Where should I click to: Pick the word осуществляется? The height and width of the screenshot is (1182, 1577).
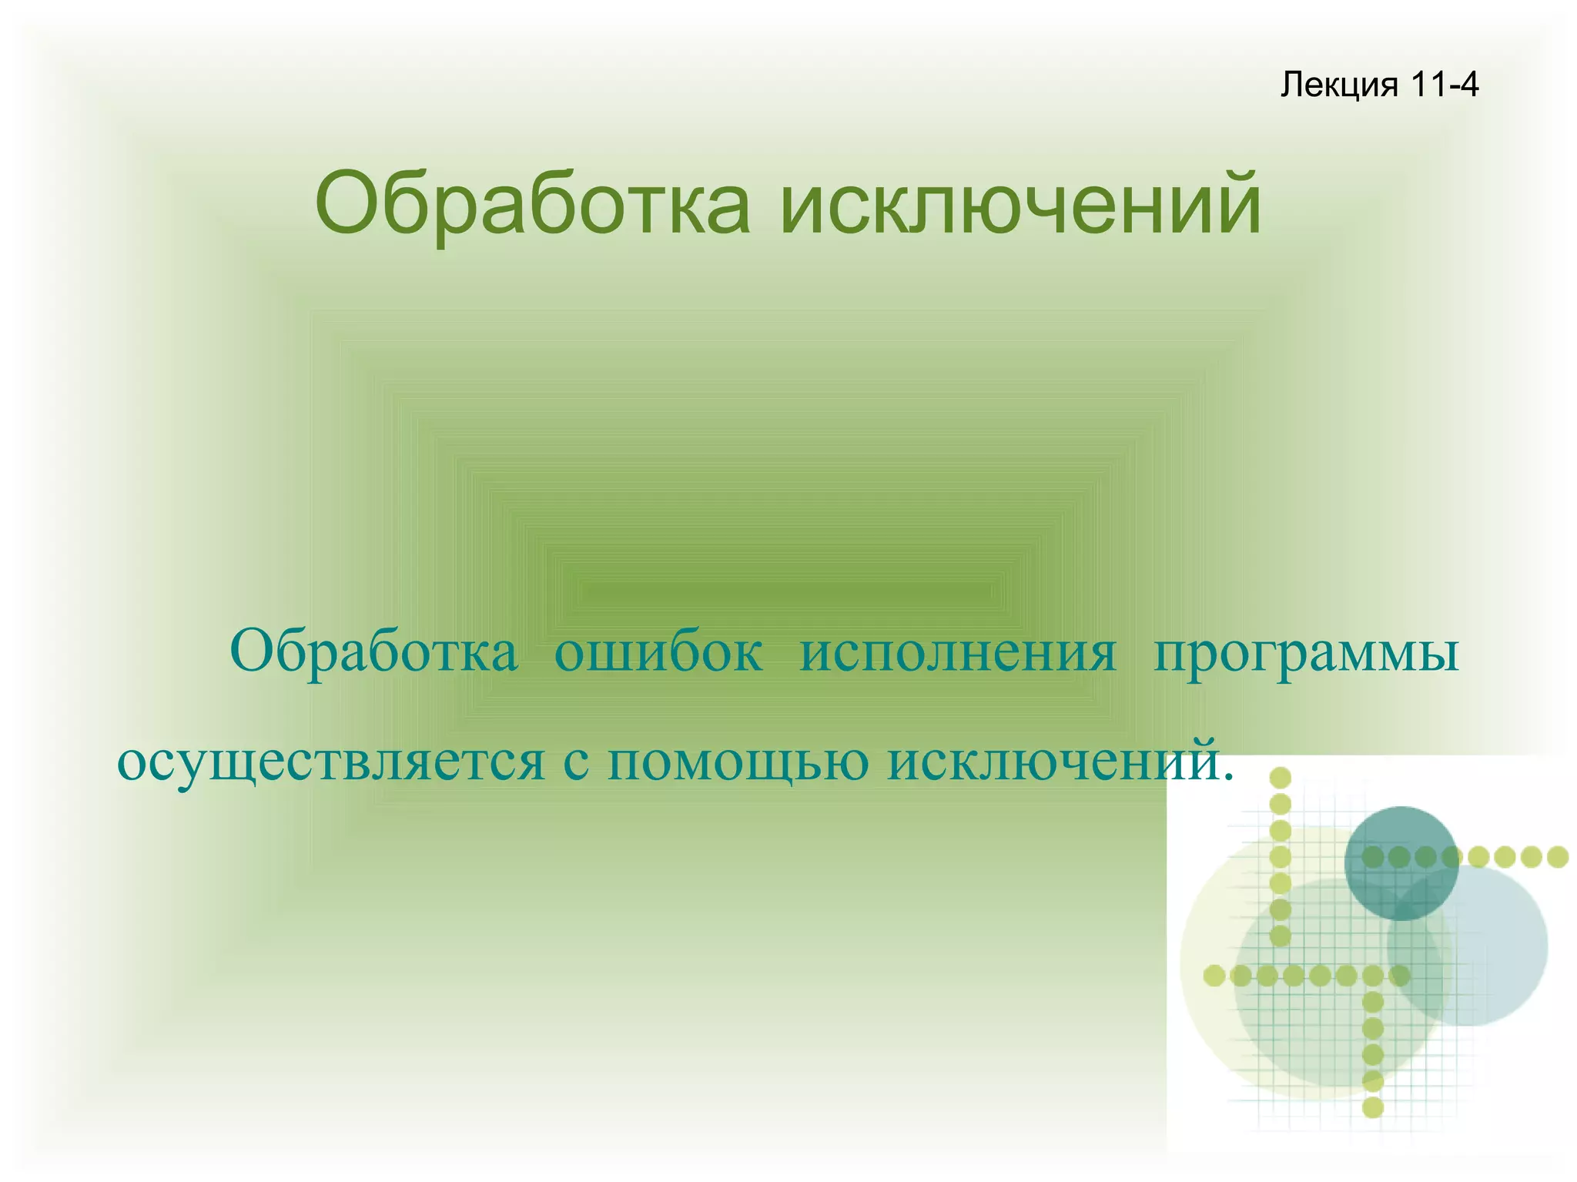tap(331, 762)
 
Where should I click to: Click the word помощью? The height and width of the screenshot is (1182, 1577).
tap(738, 762)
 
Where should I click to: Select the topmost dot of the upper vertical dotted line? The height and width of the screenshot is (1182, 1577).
tap(1280, 778)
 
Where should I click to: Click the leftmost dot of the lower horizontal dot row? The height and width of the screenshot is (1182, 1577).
tap(1214, 976)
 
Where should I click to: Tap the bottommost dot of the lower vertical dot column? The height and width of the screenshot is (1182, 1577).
tap(1373, 1107)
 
